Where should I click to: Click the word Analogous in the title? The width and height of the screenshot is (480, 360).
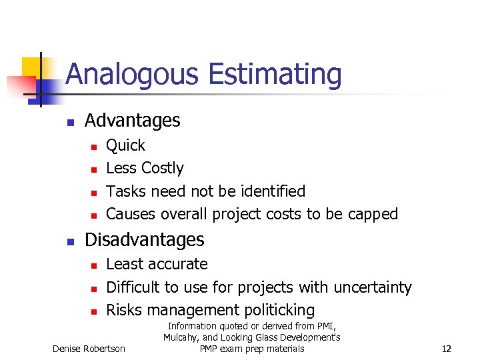(131, 75)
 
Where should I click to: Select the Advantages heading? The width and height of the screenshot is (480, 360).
(133, 121)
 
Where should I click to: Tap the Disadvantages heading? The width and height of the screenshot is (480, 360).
(145, 239)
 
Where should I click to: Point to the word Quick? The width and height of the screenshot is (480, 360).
(125, 145)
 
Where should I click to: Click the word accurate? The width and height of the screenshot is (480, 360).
(179, 264)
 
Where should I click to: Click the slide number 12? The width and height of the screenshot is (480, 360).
(447, 349)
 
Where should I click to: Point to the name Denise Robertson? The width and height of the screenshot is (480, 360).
(88, 349)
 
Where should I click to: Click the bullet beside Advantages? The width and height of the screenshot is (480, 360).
(69, 122)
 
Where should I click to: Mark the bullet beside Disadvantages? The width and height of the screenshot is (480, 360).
(69, 241)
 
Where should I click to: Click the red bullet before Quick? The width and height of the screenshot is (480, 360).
(94, 147)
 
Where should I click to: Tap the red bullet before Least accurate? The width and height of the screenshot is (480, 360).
(94, 265)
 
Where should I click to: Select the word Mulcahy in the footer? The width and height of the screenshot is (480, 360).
(182, 337)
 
